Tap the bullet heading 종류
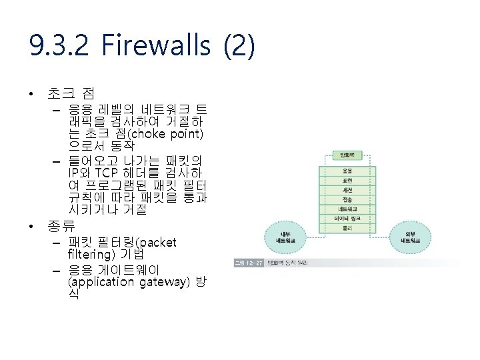click(61, 226)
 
